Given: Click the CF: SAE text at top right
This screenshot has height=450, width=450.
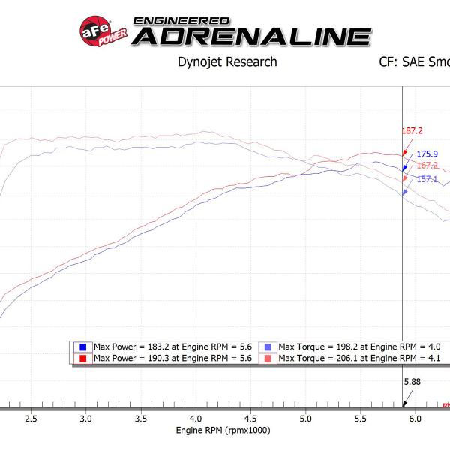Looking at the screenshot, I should point(413,61).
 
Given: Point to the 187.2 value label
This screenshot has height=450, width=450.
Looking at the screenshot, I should point(412,130).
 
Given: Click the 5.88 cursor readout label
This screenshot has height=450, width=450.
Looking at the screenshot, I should point(413,381).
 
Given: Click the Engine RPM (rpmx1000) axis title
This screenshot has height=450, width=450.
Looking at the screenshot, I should point(223,430).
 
